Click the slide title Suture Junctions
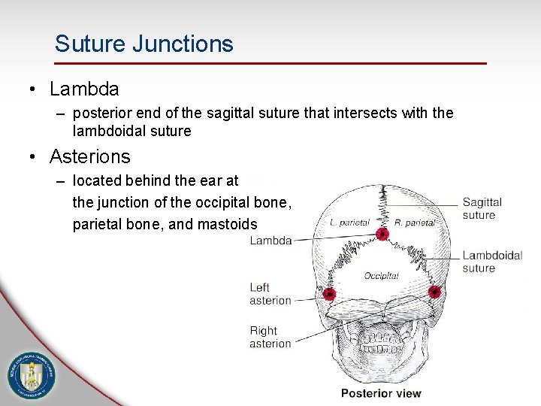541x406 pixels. tap(144, 44)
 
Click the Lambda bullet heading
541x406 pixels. tap(84, 89)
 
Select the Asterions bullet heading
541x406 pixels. tap(89, 156)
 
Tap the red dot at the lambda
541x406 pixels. tap(382, 234)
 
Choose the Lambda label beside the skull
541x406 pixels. tap(270, 241)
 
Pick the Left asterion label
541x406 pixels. tap(270, 293)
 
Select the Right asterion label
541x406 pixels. tap(270, 337)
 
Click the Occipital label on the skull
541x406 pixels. tap(381, 276)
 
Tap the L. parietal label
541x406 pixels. tap(349, 223)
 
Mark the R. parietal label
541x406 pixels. tap(415, 223)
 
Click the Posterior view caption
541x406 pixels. tap(381, 392)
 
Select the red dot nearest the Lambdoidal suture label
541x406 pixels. tap(434, 291)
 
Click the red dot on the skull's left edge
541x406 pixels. tap(329, 293)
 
